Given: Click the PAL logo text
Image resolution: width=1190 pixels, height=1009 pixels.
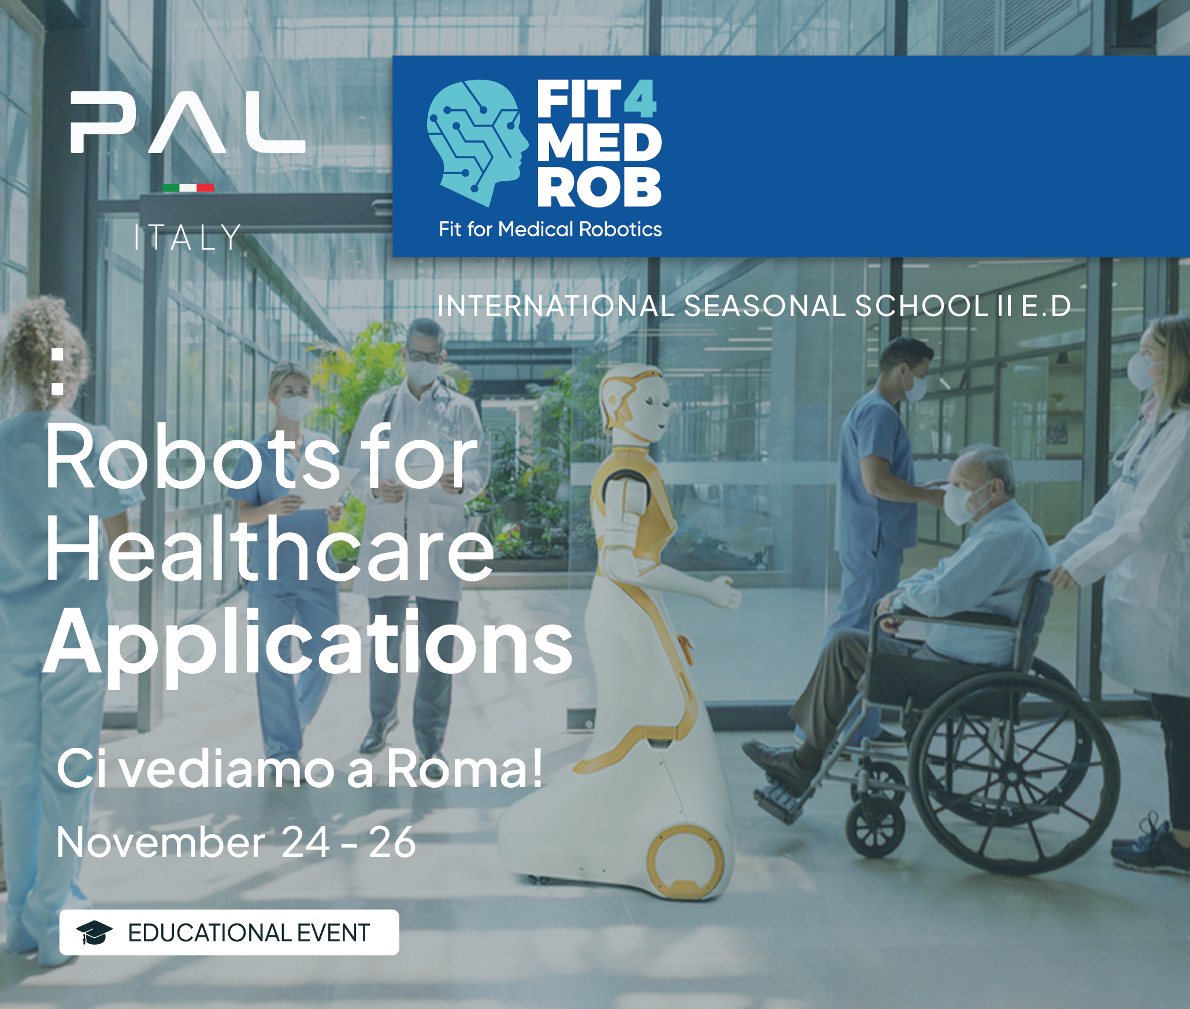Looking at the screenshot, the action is point(188,123).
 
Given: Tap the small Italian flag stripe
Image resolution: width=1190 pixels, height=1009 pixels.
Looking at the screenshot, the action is point(188,187).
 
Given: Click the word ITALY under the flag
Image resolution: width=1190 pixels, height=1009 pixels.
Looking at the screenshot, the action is point(187,238).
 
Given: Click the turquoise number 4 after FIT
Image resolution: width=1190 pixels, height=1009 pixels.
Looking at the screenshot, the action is point(640,99).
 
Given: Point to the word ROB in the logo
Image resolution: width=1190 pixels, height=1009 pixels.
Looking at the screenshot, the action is point(599,187).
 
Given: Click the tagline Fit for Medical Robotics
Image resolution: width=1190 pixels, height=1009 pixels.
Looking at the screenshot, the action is point(550,229).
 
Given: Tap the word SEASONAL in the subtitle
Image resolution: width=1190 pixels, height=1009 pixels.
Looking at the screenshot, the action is point(765,306).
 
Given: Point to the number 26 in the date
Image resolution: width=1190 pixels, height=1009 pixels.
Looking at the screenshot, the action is point(392,842).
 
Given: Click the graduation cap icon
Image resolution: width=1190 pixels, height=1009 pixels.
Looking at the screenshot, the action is point(94,933).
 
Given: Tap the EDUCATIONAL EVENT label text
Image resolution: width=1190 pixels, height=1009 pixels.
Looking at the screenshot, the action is point(249,933).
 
